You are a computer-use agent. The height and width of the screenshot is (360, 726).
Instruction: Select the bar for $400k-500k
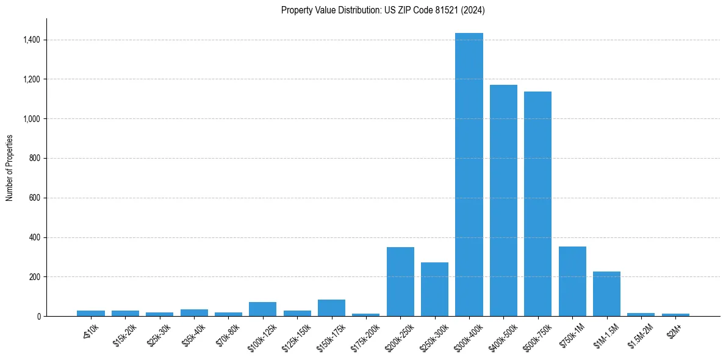tap(503, 201)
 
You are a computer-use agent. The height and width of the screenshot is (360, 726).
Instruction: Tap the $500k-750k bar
tap(537, 204)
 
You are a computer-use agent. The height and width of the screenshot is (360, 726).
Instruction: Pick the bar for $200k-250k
tap(400, 282)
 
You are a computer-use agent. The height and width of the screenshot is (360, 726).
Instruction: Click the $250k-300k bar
tap(434, 290)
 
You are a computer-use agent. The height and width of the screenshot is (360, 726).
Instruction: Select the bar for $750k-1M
tap(572, 282)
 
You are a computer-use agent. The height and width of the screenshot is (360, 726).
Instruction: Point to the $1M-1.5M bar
tap(606, 294)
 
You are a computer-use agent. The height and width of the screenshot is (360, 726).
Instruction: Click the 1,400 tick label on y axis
tap(32, 40)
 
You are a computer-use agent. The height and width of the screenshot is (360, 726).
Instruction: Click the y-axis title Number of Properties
tap(9, 168)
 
